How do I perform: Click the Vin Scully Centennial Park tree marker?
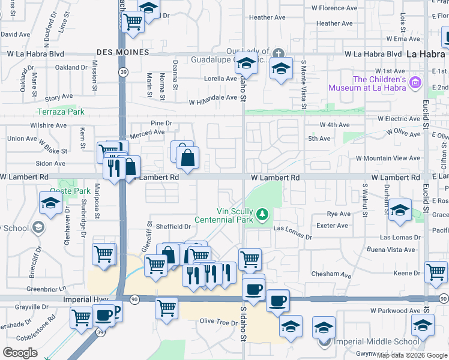coord(262,214)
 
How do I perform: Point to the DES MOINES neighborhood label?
coord(122,53)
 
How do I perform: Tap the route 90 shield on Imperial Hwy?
coord(134,299)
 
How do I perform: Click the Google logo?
coord(20,353)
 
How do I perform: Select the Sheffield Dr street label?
coord(173,227)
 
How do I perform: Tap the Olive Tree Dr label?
coord(218,322)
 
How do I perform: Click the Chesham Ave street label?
coord(331,274)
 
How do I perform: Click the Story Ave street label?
coord(59,97)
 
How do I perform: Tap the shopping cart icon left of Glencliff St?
coord(103,253)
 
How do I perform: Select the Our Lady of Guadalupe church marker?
coord(277,53)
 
